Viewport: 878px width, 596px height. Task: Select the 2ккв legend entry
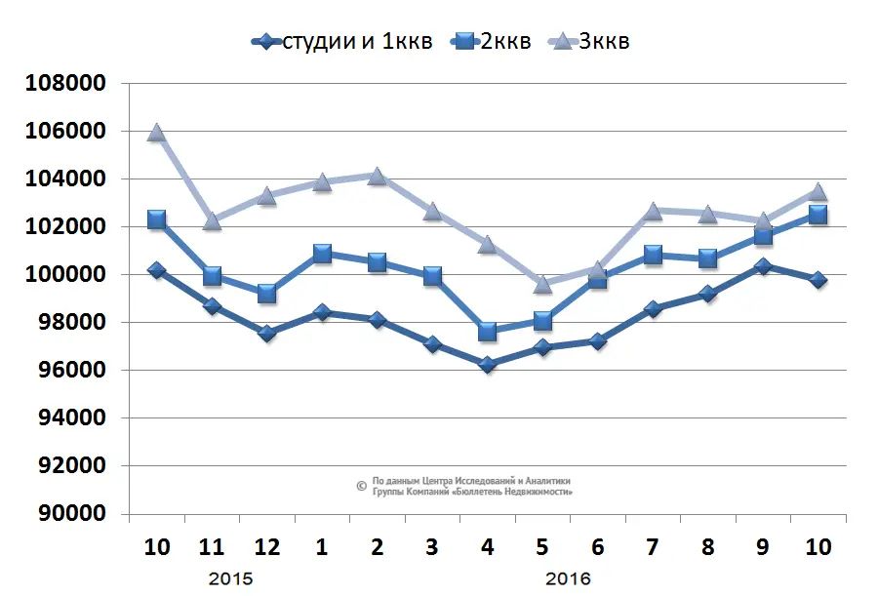point(493,41)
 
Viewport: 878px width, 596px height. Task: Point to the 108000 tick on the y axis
point(64,84)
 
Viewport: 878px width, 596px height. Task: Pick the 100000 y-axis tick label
point(64,275)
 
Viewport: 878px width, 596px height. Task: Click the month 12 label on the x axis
point(267,547)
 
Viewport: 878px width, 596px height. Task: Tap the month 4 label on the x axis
point(487,547)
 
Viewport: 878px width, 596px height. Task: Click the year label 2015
point(230,578)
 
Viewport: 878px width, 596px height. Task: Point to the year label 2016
point(568,578)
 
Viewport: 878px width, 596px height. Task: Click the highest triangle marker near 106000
point(156,133)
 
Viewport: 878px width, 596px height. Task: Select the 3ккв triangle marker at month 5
point(542,284)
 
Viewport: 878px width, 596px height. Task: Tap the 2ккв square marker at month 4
point(487,332)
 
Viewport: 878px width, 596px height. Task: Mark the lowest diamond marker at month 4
point(487,365)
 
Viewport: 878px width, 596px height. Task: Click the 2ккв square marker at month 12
point(266,293)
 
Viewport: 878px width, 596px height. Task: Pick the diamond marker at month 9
point(763,265)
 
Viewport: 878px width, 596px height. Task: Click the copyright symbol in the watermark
point(361,485)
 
